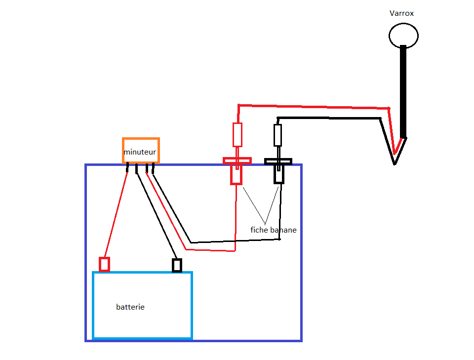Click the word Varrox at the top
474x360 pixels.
point(401,13)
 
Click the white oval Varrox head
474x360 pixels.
point(403,36)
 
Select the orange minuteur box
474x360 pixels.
point(141,143)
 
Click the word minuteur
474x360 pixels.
point(140,152)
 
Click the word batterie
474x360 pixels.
point(130,307)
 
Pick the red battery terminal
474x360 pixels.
point(104,264)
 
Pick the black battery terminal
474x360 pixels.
point(177,265)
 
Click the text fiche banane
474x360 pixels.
point(274,230)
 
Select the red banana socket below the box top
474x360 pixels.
point(237,175)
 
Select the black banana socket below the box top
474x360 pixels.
point(279,175)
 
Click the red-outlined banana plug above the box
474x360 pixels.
point(237,134)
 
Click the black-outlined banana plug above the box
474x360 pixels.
point(278,135)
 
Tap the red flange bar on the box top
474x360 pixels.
point(237,160)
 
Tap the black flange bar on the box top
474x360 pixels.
point(278,161)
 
